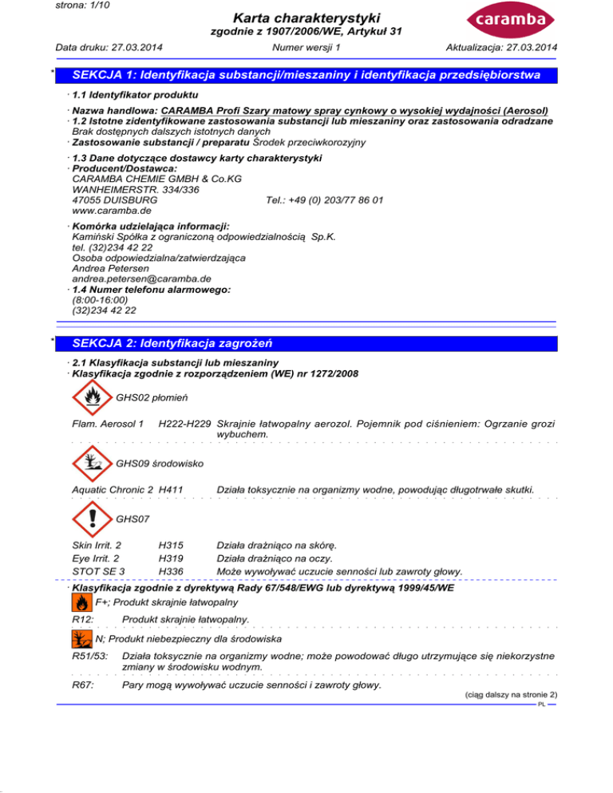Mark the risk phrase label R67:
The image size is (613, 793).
pos(82,686)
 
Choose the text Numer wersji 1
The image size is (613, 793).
pos(306,49)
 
